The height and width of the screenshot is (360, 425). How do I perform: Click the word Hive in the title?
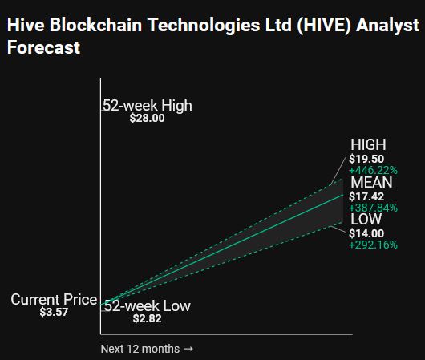click(x=26, y=25)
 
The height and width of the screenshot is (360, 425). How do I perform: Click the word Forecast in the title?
click(x=43, y=47)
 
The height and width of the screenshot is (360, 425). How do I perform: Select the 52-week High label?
click(x=148, y=106)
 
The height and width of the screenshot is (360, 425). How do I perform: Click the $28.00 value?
click(x=148, y=118)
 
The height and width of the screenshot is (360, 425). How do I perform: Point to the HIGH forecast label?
click(x=368, y=144)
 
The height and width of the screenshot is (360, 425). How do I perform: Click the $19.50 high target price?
click(x=366, y=159)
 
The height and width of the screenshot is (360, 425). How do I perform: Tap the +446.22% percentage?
click(x=373, y=171)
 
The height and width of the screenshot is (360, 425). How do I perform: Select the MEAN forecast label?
click(x=371, y=182)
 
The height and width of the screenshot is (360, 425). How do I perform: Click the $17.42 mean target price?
click(x=366, y=196)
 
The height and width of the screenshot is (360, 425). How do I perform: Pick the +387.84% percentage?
click(x=373, y=208)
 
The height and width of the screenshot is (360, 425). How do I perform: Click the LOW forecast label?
click(x=366, y=219)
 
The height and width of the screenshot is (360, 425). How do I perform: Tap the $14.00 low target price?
click(x=366, y=233)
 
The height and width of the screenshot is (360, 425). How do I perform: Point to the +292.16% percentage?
click(x=373, y=245)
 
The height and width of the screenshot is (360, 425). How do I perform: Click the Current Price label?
click(x=54, y=300)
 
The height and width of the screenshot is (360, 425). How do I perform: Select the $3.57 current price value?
click(x=54, y=312)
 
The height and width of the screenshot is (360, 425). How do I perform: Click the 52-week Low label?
click(x=148, y=306)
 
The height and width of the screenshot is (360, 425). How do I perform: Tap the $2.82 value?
click(x=148, y=318)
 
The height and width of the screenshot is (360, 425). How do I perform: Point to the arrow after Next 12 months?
click(x=188, y=349)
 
